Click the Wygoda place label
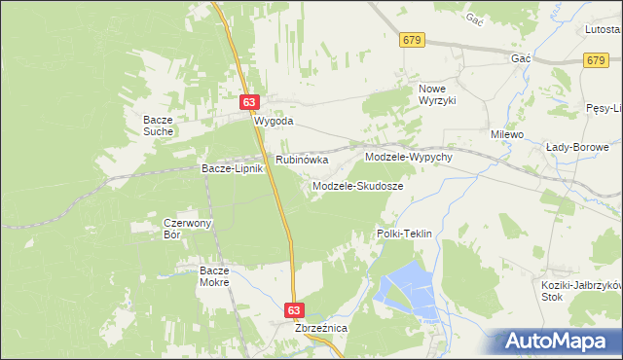274,123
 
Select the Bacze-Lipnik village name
233,169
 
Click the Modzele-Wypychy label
409,157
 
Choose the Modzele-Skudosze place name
358,185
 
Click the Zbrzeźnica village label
321,329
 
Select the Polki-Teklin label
404,234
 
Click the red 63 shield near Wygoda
251,102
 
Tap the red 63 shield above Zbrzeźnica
296,309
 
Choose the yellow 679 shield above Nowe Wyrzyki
412,39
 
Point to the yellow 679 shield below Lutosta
598,60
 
